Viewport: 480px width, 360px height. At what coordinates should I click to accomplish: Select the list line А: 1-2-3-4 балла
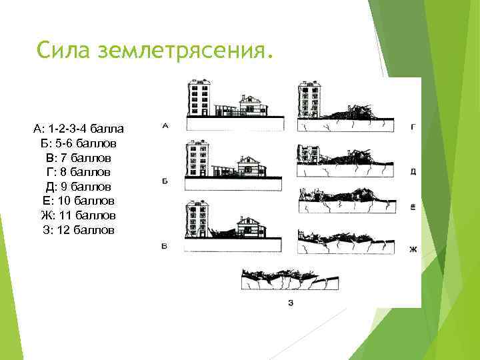[77, 128]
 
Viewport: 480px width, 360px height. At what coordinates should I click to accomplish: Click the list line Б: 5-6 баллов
[77, 143]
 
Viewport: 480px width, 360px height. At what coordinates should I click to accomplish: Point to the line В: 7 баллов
[78, 158]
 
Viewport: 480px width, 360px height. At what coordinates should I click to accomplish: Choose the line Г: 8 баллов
[78, 172]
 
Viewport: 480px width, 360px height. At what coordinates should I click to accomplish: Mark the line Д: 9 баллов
[78, 187]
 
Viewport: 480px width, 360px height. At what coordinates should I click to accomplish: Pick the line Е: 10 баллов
[78, 201]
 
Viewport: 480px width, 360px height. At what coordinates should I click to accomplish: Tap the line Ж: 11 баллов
[78, 215]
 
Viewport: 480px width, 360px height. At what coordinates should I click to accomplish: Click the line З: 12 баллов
[78, 230]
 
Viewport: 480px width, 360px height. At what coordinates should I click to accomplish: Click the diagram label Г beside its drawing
[413, 125]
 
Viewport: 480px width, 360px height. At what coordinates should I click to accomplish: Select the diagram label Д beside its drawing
[413, 171]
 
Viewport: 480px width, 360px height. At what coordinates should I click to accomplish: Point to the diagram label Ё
[413, 207]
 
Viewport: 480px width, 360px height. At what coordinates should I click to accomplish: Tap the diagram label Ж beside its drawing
[413, 249]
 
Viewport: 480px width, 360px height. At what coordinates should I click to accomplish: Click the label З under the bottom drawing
[291, 303]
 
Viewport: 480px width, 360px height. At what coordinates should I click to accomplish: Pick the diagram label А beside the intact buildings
[165, 125]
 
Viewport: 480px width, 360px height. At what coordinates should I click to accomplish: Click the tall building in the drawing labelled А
[199, 99]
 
